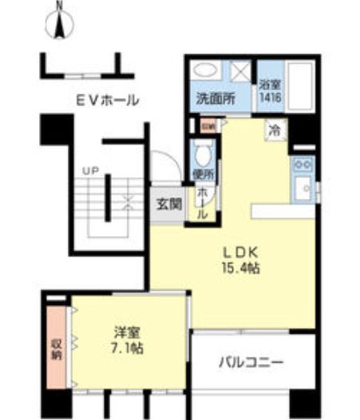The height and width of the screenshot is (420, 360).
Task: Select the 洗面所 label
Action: point(215,100)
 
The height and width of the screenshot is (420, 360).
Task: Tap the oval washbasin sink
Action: point(206,69)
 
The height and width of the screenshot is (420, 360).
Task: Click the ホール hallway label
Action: point(204,204)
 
